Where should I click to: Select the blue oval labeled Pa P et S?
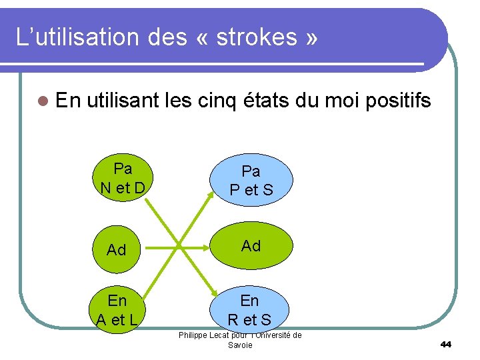pyautogui.click(x=251, y=181)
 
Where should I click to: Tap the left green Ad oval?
pyautogui.click(x=117, y=249)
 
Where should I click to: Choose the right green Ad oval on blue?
pyautogui.click(x=251, y=246)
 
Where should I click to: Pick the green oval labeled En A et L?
pyautogui.click(x=117, y=309)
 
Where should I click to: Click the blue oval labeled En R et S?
pyautogui.click(x=249, y=310)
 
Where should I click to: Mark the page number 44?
pyautogui.click(x=446, y=344)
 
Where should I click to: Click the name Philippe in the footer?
pyautogui.click(x=194, y=335)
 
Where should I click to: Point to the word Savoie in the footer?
pyautogui.click(x=240, y=345)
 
